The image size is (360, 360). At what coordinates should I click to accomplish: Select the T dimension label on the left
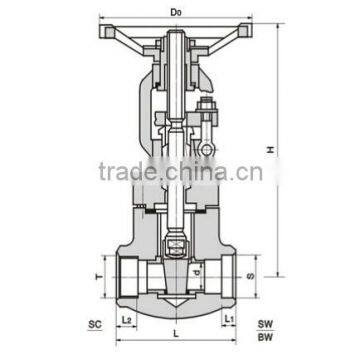point(96,269)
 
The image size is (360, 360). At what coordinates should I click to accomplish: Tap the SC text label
point(95,325)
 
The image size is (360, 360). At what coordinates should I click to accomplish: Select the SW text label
point(266,325)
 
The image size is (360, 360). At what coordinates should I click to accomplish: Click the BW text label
point(266,340)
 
